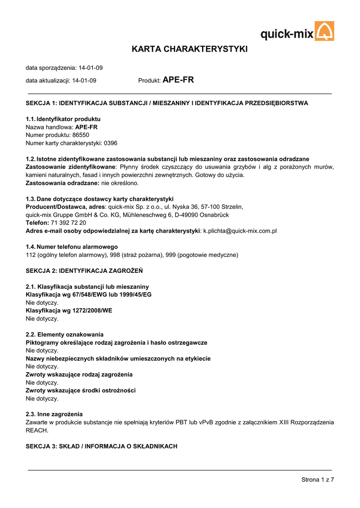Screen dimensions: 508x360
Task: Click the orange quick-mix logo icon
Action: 325,31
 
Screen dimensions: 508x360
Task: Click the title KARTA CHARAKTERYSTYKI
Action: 189,49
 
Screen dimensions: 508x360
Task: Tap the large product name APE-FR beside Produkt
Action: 178,79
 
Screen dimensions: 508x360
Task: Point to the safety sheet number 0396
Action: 110,143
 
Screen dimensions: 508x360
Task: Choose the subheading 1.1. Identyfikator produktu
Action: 63,119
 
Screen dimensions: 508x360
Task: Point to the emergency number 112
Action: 30,255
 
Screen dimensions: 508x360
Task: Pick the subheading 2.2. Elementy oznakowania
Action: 65,334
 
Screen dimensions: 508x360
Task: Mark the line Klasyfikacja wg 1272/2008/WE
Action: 69,311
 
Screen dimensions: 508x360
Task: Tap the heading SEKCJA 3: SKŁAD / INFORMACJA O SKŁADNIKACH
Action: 101,446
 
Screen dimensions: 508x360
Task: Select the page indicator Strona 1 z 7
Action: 317,479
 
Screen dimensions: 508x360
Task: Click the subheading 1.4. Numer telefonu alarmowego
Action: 72,247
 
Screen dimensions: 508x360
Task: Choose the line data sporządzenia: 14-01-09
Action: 64,67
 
